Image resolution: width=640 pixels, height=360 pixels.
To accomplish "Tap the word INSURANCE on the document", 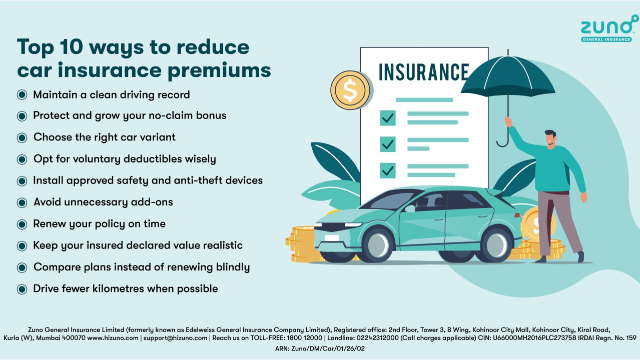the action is [x=424, y=72].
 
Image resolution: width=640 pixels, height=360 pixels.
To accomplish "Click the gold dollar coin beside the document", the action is [x=350, y=90].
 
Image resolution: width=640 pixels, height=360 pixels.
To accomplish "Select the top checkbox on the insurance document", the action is [x=388, y=117].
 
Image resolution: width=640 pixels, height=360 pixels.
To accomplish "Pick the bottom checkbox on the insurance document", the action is [x=388, y=170].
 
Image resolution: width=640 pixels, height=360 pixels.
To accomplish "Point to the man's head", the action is [x=550, y=139].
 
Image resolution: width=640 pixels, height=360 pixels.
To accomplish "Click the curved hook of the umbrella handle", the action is [x=502, y=142].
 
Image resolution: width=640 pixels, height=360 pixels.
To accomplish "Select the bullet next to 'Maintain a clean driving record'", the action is [x=22, y=95].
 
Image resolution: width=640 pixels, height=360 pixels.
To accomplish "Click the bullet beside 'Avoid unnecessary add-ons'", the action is [x=22, y=202].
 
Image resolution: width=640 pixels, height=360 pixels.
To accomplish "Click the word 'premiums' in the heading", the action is [x=219, y=71].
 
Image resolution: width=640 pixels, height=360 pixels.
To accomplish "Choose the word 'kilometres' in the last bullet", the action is [x=118, y=288].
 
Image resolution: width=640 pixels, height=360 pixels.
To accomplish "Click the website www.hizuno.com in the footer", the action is [x=113, y=338].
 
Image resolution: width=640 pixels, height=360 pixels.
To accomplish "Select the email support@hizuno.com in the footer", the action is [x=175, y=338].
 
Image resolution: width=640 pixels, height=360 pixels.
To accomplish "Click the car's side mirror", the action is [x=410, y=208].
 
